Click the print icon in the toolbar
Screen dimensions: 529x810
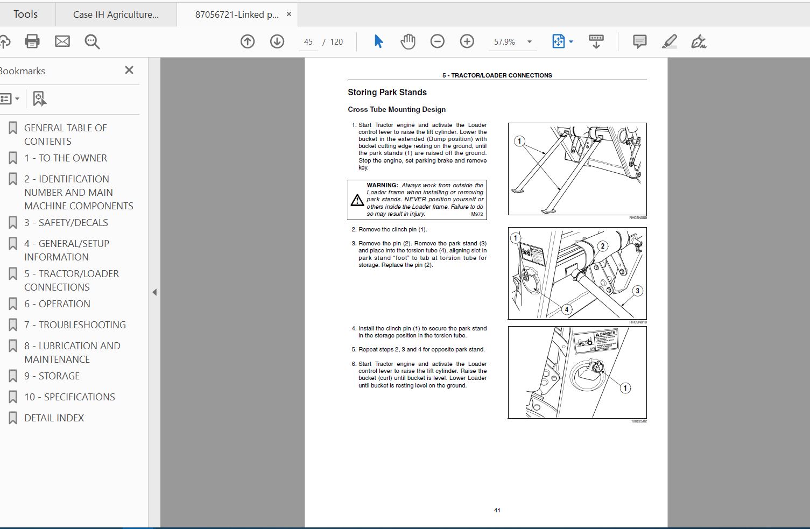pos(32,41)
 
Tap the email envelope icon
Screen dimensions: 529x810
pos(62,41)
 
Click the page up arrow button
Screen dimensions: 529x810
pos(248,41)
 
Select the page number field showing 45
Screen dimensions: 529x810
pos(308,42)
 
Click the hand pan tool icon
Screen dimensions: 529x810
pos(408,41)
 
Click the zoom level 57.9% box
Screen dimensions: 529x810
pos(505,42)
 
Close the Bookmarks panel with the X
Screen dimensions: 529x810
pos(129,70)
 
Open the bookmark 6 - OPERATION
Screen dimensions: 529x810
pos(57,304)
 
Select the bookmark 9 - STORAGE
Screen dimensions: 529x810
pos(52,376)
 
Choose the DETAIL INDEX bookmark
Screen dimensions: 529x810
pos(54,418)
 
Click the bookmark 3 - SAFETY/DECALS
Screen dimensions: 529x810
pos(66,223)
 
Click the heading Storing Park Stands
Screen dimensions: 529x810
pos(387,93)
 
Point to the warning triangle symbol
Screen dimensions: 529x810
pos(357,201)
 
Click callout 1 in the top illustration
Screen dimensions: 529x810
pos(519,141)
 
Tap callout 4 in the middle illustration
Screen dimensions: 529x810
pos(566,309)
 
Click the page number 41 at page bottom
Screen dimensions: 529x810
pos(497,510)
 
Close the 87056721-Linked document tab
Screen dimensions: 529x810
pos(289,15)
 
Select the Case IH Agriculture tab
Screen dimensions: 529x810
pos(116,15)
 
